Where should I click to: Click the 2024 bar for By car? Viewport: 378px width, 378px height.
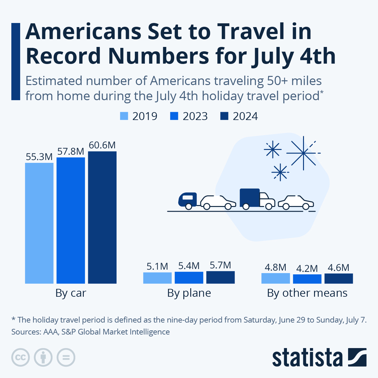pos(102,217)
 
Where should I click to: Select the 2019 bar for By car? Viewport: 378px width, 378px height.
pos(39,223)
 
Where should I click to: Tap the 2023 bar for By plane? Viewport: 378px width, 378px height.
pos(189,278)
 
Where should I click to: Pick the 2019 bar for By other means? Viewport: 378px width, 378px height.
pos(276,278)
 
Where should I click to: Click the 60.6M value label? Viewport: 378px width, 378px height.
pos(102,145)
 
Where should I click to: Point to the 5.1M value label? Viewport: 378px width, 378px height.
pos(157,266)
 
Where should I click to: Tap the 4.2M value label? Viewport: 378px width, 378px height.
pos(307,268)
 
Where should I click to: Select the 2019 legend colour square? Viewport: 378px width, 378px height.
pos(124,116)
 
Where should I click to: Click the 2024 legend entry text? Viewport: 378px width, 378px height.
pos(245,116)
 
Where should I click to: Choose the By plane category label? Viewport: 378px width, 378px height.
pos(189,293)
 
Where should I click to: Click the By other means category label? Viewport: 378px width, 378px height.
pos(307,293)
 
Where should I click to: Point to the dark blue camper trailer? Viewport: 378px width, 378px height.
pos(187,200)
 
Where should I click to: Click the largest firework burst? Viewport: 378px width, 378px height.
pos(303,153)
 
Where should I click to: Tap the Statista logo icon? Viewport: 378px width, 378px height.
pos(357,357)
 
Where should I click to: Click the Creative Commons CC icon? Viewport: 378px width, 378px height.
pos(20,358)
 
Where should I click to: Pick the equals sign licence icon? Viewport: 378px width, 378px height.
pos(66,358)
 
